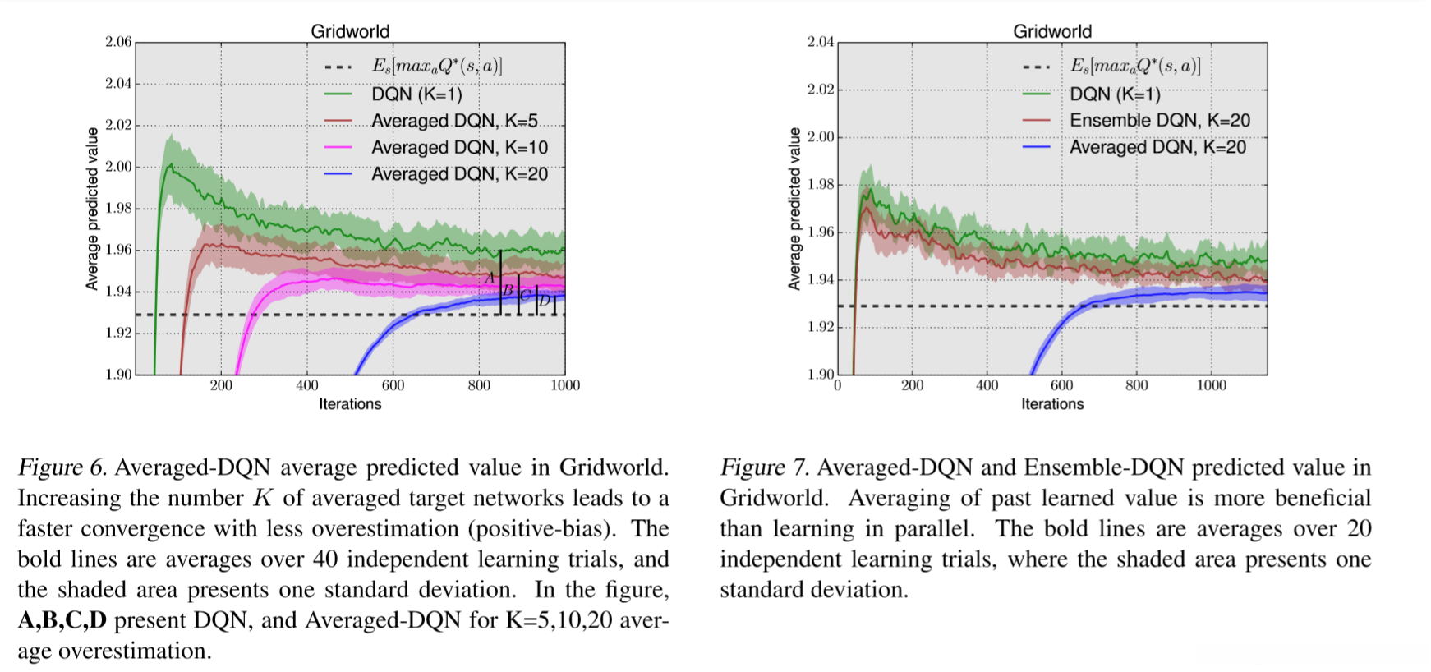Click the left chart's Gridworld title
click(350, 31)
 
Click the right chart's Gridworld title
click(1052, 31)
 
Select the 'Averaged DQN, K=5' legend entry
click(453, 121)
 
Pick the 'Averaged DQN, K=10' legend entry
click(459, 148)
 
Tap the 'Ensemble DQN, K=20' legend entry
click(1159, 121)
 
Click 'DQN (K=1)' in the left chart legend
click(416, 94)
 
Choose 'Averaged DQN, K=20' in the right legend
click(1157, 148)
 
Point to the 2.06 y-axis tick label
click(118, 42)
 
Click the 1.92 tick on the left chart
click(118, 333)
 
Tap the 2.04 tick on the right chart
click(821, 42)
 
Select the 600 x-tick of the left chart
click(393, 385)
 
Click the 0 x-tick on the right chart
click(838, 385)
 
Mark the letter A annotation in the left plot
click(490, 278)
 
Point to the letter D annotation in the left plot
click(545, 301)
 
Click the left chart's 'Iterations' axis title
click(350, 404)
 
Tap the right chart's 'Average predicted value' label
click(794, 209)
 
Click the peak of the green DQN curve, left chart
click(170, 164)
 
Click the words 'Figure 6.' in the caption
click(62, 467)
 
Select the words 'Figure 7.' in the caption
click(764, 467)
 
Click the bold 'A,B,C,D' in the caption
click(62, 620)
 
